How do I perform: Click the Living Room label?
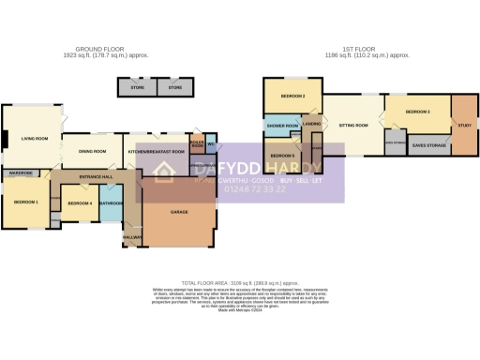pos(35,139)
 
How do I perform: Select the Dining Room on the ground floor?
pos(92,150)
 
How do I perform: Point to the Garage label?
pos(179,213)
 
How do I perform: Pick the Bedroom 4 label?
pos(80,203)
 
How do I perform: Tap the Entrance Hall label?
pos(97,176)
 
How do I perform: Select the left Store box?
pos(138,87)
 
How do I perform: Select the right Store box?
pos(174,87)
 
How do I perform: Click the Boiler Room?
pos(198,145)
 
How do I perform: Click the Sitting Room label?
pos(352,125)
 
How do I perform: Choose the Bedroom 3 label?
pos(417,112)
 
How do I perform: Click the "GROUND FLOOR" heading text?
pos(102,51)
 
